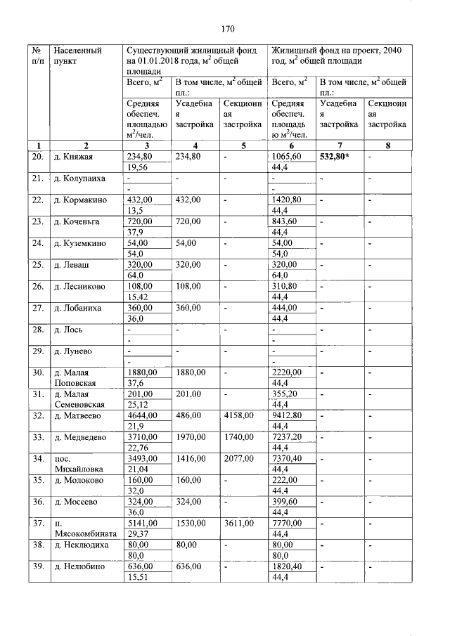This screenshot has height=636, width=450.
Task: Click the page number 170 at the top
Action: tap(226, 29)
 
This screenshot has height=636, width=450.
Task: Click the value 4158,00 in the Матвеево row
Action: tap(238, 415)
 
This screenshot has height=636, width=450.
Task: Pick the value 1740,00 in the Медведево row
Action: tap(238, 437)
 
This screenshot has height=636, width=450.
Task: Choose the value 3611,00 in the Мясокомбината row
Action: tap(238, 524)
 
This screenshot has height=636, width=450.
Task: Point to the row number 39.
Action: tap(38, 566)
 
